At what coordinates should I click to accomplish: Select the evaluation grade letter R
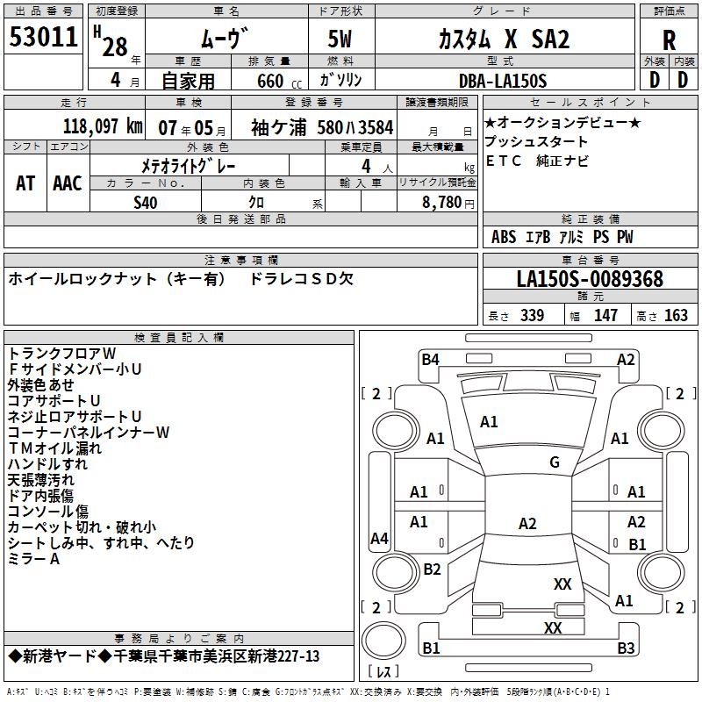tap(669, 40)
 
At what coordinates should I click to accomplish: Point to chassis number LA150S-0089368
tap(590, 280)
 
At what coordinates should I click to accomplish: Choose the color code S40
tap(146, 203)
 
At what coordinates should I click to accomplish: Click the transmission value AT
tap(25, 183)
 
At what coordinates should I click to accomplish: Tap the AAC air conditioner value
tap(68, 183)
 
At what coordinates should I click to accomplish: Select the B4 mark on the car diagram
tap(430, 359)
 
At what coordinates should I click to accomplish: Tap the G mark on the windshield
tap(554, 462)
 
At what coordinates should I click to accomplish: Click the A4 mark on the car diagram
tap(379, 539)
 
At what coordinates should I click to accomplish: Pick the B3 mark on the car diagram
tap(625, 648)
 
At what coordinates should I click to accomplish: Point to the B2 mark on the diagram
tap(432, 569)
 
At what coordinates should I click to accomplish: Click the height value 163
tap(676, 315)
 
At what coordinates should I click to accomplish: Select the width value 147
tap(605, 315)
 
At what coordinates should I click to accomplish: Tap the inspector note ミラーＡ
tap(33, 559)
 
